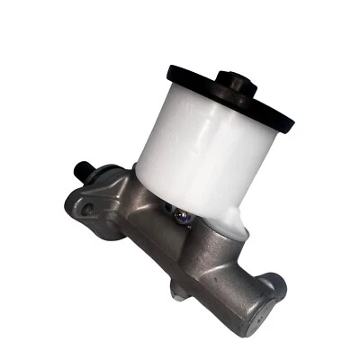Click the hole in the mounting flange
tap(87, 209)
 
